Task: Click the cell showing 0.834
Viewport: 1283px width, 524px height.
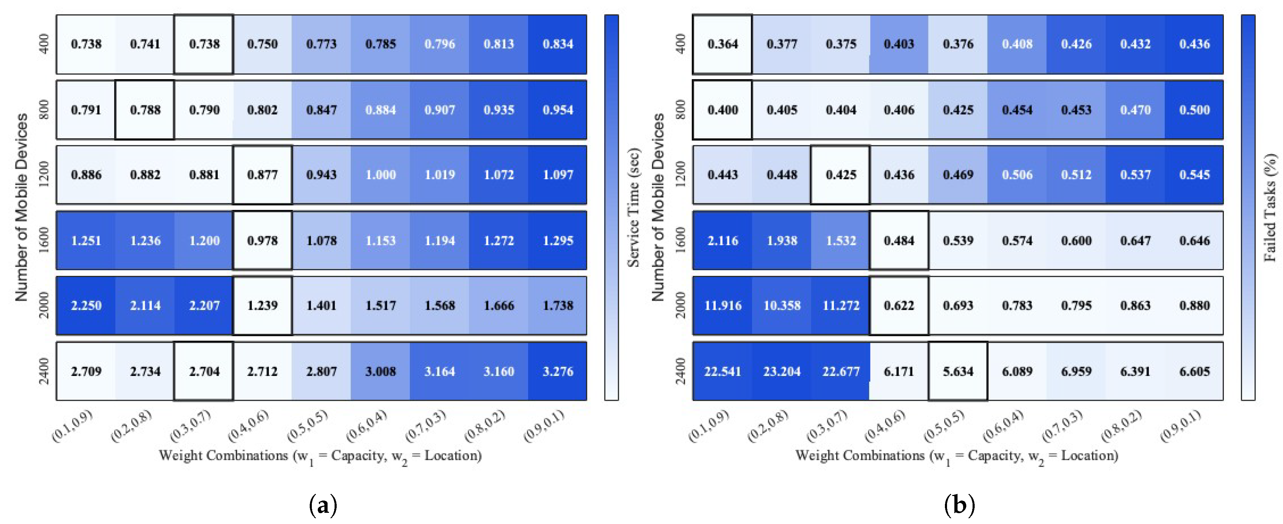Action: (x=557, y=44)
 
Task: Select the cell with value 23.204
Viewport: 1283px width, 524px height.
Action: (x=781, y=371)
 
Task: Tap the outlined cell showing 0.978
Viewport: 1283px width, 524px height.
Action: (x=262, y=240)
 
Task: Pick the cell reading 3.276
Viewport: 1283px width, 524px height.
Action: (x=557, y=371)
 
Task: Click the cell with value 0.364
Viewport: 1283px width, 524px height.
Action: (x=722, y=44)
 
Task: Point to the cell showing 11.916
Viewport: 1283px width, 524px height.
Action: (x=722, y=305)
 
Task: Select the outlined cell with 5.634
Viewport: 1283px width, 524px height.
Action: (x=958, y=371)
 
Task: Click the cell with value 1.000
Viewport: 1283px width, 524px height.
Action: (x=380, y=175)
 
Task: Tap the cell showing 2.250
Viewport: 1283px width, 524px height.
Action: (x=86, y=305)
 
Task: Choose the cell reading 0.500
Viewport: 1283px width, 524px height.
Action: (x=1194, y=110)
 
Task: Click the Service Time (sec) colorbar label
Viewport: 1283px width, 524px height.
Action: (x=633, y=207)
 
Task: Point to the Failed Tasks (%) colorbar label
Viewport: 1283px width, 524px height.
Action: (x=1270, y=207)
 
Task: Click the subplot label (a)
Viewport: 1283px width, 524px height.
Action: (x=323, y=505)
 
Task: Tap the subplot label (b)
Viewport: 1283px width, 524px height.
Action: (x=959, y=505)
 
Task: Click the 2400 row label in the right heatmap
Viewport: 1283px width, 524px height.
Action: (x=681, y=371)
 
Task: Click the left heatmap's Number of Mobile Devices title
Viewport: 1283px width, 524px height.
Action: (x=21, y=207)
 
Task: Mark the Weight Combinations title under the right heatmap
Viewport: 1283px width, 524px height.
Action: (x=956, y=456)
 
